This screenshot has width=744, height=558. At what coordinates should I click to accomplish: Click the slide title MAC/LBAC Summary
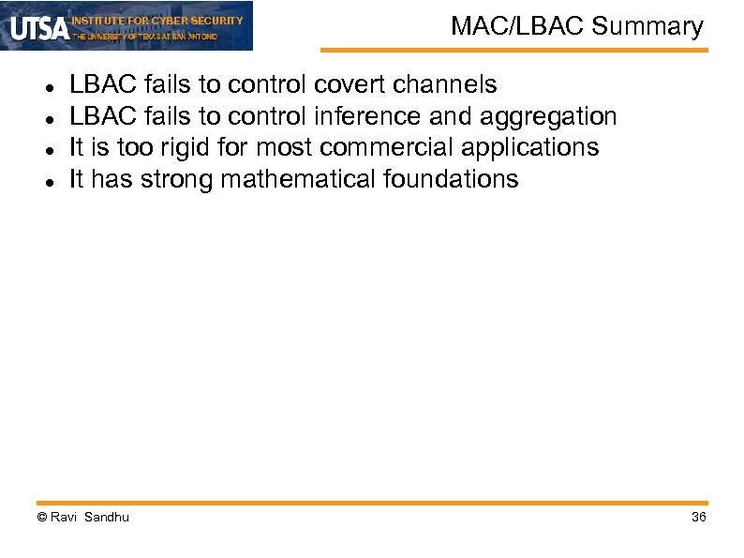[576, 26]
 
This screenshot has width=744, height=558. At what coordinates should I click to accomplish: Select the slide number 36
[698, 518]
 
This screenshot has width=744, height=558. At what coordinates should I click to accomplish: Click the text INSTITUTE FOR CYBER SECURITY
[157, 20]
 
